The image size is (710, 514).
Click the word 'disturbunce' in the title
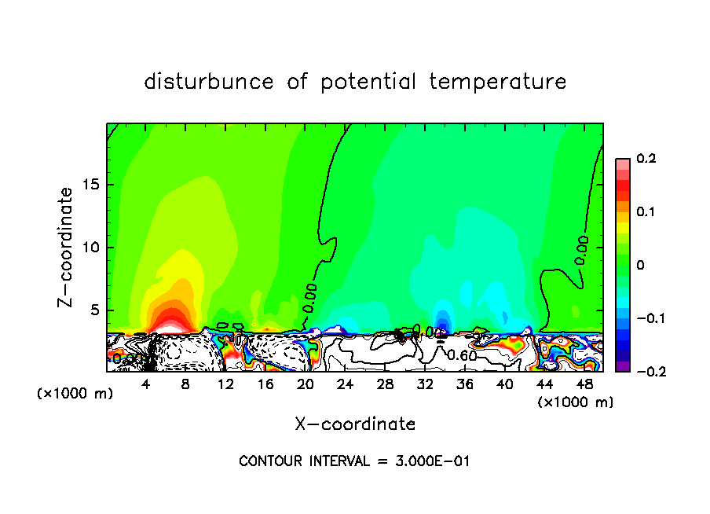(x=209, y=82)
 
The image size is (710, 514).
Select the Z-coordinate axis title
(x=67, y=247)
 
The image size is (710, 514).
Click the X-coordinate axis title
(x=355, y=424)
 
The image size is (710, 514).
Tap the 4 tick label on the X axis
(x=146, y=384)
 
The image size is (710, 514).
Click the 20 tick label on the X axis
(x=306, y=384)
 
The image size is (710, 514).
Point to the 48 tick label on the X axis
(x=584, y=384)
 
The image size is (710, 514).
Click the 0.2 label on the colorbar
(x=646, y=159)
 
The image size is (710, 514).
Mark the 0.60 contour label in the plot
(x=462, y=355)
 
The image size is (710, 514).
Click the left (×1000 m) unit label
(x=75, y=394)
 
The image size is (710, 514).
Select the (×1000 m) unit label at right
(x=576, y=402)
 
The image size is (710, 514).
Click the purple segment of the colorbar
(x=623, y=366)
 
